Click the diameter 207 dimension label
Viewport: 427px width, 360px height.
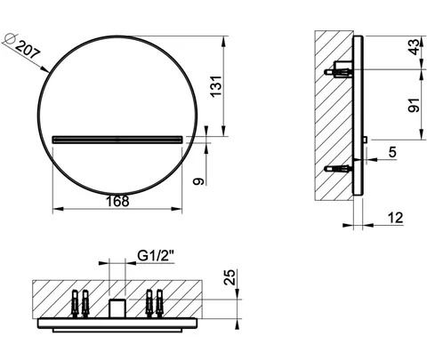pos(28,50)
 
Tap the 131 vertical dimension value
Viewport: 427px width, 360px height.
pos(216,86)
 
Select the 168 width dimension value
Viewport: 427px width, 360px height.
pos(117,201)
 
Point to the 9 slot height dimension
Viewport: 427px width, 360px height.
pos(198,181)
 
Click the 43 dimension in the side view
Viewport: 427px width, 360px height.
pos(415,47)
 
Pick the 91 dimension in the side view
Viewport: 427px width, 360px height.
pos(414,105)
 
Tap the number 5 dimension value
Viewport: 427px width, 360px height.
pos(392,152)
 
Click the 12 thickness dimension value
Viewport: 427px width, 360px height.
pos(395,218)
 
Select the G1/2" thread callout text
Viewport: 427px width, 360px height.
pos(156,255)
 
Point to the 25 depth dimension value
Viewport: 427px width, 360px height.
pos(230,277)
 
